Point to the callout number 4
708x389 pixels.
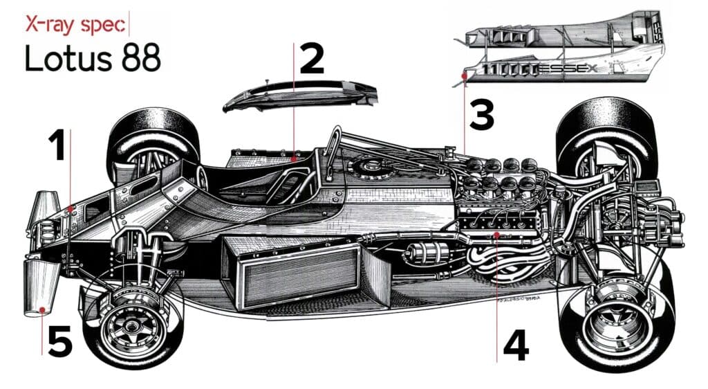pyautogui.click(x=515, y=345)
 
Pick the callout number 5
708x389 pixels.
pyautogui.click(x=60, y=343)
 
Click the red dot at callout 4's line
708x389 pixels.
pyautogui.click(x=497, y=235)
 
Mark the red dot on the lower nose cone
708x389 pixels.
pyautogui.click(x=43, y=310)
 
